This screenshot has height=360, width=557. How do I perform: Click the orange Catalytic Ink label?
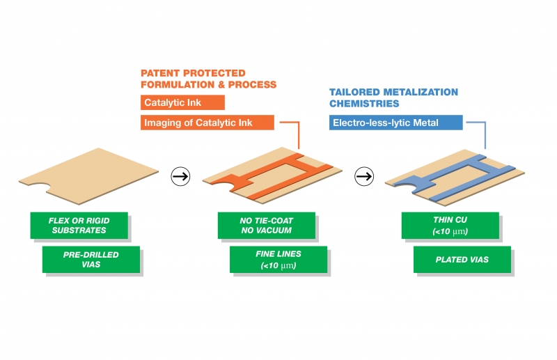pos(182,102)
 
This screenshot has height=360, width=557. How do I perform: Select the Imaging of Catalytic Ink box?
pos(207,123)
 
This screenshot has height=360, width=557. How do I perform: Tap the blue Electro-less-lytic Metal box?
pos(395,123)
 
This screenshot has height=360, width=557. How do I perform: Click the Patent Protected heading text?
pos(208,79)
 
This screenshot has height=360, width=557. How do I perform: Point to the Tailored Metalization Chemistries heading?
pos(393,97)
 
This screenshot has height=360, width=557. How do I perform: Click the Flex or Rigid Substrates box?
pos(79,226)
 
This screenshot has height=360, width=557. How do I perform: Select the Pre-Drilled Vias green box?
pos(91,260)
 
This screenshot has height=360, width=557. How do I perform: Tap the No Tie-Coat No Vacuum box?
pos(267,226)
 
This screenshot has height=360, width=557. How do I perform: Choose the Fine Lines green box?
pos(278,260)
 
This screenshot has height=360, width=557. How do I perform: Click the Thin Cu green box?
pos(450,226)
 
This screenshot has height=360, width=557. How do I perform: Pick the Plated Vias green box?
pos(462,260)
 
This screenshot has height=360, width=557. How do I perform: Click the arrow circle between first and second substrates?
pos(180,176)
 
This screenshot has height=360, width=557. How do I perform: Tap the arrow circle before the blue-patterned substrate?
pos(364,176)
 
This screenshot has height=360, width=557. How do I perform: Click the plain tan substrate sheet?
pos(89,176)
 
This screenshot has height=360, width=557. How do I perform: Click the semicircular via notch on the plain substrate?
pos(39,186)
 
